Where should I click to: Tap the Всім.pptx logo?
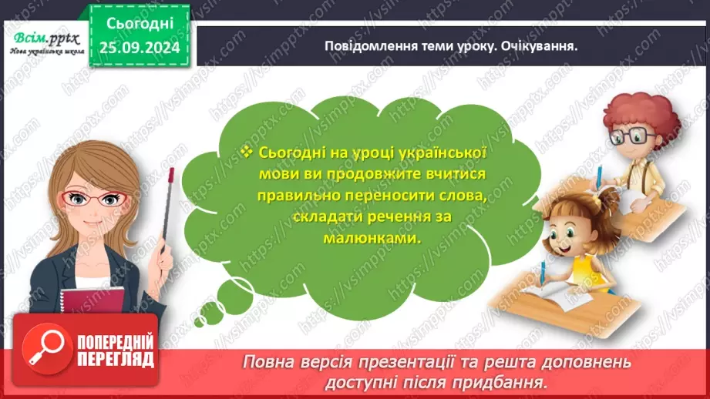coord(43,38)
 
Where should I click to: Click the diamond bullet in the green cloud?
coord(246,151)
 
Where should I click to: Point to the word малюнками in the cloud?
coord(362,238)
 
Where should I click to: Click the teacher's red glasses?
coord(96,199)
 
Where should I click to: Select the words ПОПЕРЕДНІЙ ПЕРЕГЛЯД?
coord(116,351)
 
